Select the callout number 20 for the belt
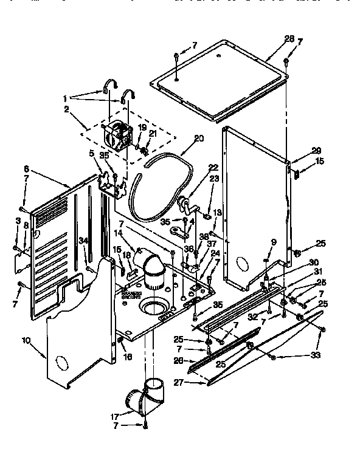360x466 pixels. tap(199, 138)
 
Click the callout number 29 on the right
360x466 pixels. tap(299, 150)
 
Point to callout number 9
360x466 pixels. tap(273, 242)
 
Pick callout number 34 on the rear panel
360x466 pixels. tap(83, 241)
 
